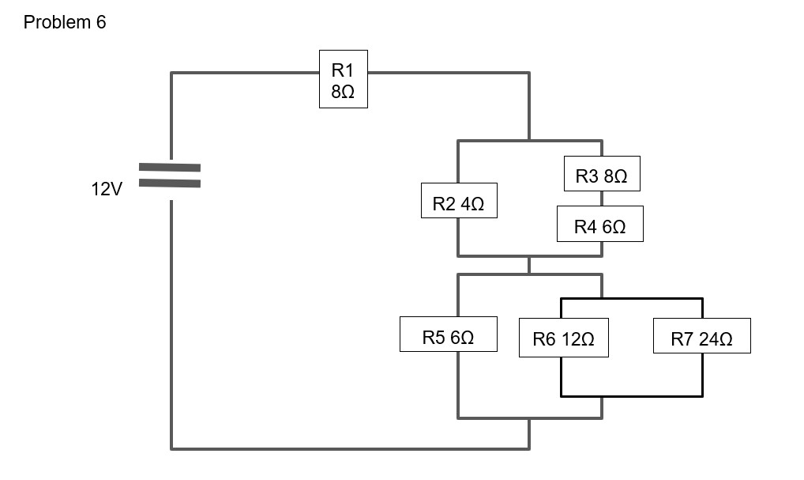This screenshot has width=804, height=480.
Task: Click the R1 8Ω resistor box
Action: [x=343, y=79]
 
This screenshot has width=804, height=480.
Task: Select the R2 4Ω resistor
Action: [x=458, y=204]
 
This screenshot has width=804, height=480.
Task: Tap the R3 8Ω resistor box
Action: [x=602, y=175]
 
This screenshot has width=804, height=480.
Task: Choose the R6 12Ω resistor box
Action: [x=564, y=338]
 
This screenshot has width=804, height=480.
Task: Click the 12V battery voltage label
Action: [x=107, y=190]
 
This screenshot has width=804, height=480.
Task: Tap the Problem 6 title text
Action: [x=65, y=23]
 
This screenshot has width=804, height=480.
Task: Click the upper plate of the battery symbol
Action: [x=170, y=168]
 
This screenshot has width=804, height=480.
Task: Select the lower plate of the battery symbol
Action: [x=170, y=183]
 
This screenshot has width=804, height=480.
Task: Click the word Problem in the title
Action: [x=57, y=23]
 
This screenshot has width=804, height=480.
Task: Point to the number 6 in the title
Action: [x=101, y=23]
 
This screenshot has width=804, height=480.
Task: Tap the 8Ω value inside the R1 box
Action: [x=343, y=92]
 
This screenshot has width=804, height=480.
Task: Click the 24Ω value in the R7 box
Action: [x=716, y=339]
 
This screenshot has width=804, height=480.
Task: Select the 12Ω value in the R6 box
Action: [x=577, y=339]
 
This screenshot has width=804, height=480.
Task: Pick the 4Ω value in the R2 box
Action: [x=472, y=205]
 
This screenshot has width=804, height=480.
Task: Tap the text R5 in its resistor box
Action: [x=435, y=338]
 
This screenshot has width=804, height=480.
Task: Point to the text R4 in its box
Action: [x=587, y=228]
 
